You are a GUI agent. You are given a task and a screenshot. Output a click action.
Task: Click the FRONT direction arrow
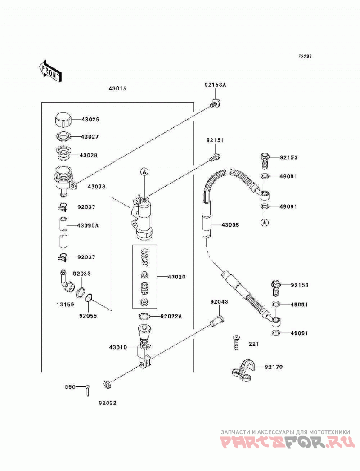[50, 71]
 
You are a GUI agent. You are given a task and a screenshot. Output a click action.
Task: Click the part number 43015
[117, 89]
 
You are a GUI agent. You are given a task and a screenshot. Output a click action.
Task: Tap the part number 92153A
[215, 85]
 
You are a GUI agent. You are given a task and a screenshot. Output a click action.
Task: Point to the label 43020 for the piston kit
[176, 277]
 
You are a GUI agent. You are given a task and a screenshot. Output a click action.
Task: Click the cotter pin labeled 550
[87, 390]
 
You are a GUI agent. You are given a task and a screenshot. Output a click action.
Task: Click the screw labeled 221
[236, 342]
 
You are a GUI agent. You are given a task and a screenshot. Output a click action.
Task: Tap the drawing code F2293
[305, 56]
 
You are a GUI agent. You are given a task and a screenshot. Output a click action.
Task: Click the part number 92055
[88, 316]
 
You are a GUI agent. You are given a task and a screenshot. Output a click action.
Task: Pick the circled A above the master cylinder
[144, 172]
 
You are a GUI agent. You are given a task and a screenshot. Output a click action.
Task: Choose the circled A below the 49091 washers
[265, 222]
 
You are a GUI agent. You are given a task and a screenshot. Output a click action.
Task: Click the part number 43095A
[88, 225]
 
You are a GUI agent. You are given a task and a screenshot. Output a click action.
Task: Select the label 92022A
[171, 316]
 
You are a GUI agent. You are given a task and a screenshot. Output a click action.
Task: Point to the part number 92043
[219, 301]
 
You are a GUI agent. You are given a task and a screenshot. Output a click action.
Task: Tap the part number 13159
[65, 305]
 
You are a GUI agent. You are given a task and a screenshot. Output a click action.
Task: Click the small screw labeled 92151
[216, 157]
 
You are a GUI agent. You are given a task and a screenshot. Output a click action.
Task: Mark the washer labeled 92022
[107, 384]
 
